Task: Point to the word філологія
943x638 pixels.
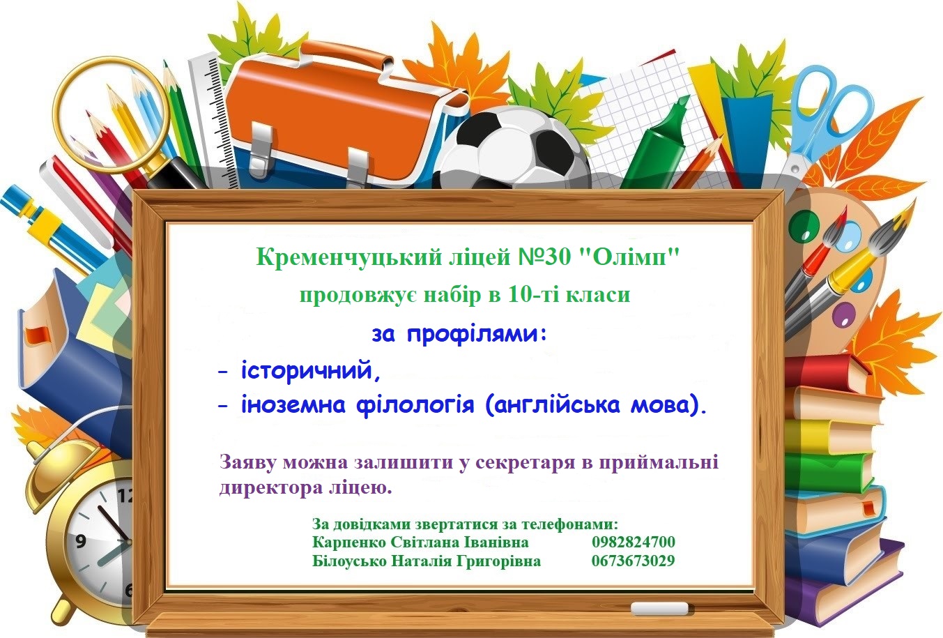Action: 415,405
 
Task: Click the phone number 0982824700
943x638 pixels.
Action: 633,542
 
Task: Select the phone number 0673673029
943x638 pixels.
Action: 633,561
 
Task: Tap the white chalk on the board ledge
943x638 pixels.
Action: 659,608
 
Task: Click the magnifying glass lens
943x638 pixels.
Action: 111,114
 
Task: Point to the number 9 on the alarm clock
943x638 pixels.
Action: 81,540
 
